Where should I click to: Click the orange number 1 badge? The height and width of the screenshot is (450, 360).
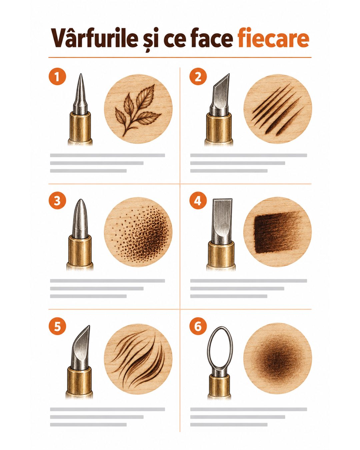coord(57,77)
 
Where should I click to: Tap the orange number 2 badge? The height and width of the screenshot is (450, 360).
coord(198,77)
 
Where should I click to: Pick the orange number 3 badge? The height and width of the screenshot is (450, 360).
coord(57,201)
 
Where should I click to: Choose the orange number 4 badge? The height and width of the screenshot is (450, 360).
coord(198,201)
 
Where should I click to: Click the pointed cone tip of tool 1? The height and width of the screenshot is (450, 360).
coord(80,94)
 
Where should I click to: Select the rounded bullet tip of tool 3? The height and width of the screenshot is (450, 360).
coord(80,219)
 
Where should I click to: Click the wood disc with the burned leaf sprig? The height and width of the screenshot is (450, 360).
coord(138,109)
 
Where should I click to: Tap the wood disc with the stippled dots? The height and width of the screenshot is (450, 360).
coord(138,232)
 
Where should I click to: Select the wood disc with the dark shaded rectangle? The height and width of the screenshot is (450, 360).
coord(278,232)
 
